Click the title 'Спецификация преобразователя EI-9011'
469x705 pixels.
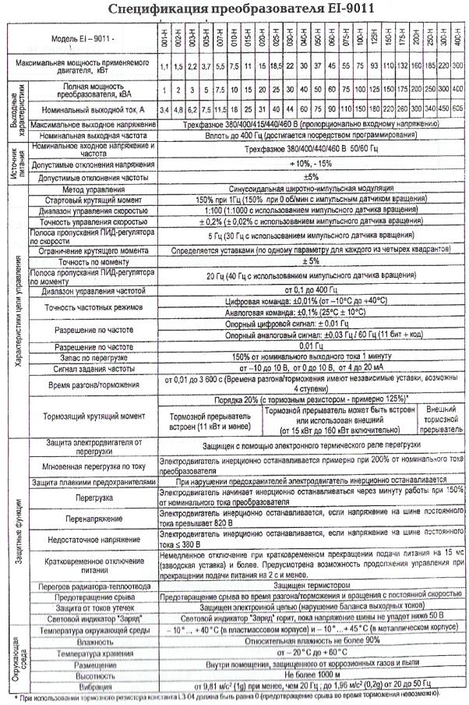[235, 9]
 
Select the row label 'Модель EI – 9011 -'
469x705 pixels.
[81, 38]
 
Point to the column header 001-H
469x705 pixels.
[164, 37]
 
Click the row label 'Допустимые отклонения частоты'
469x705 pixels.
[92, 177]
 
